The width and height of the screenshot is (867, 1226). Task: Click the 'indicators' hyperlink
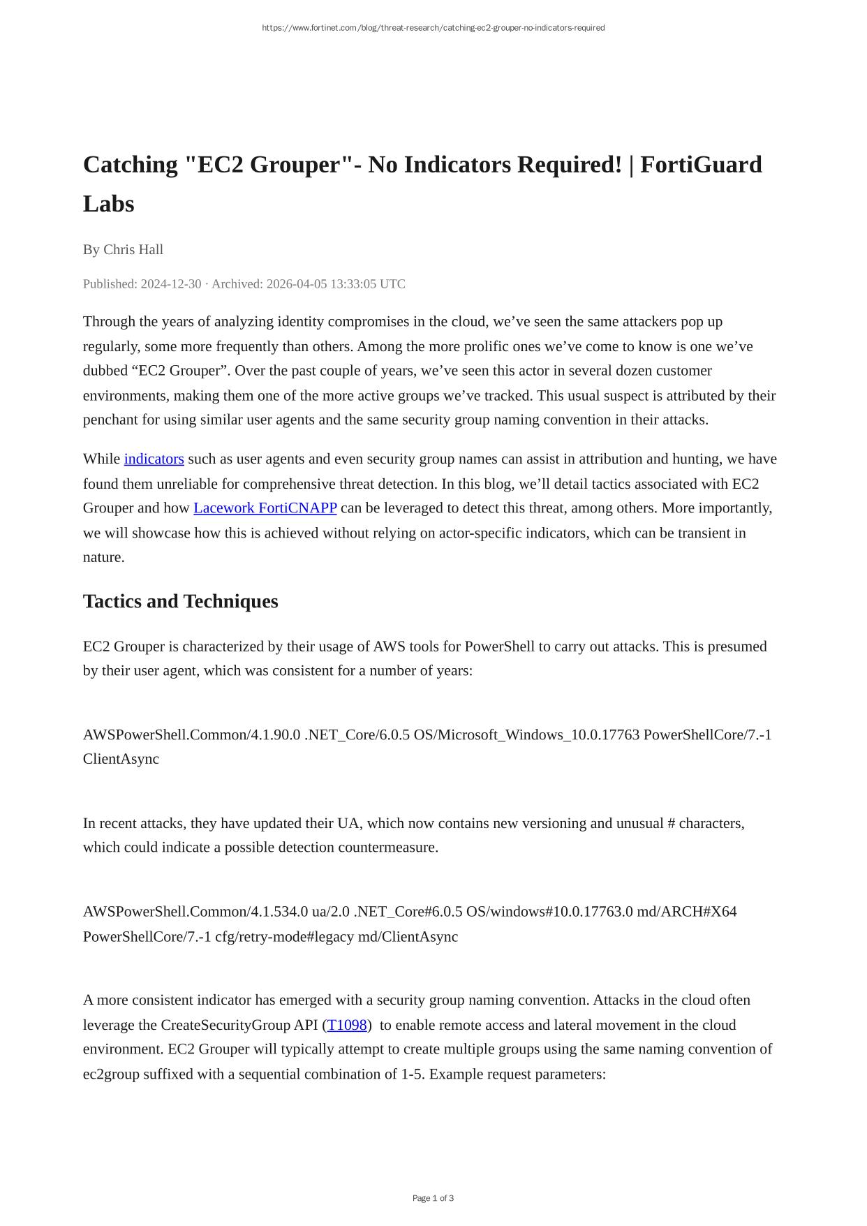[154, 459]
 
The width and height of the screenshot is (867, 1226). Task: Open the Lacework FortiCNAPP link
[265, 508]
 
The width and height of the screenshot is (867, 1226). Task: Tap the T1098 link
[347, 1025]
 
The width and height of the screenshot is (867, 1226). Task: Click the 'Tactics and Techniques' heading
[180, 601]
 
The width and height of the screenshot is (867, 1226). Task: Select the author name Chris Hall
[133, 249]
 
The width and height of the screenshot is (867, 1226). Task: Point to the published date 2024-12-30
[171, 283]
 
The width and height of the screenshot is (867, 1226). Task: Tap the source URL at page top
[433, 28]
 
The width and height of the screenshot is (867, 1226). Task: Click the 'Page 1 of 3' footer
[433, 1198]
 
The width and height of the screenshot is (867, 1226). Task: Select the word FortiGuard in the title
[701, 165]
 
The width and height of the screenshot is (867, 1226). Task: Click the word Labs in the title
[108, 204]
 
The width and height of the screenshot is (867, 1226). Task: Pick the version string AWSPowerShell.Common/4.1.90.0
[192, 734]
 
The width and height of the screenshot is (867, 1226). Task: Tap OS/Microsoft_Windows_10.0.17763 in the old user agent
[526, 734]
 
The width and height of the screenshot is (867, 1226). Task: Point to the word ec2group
[111, 1074]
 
